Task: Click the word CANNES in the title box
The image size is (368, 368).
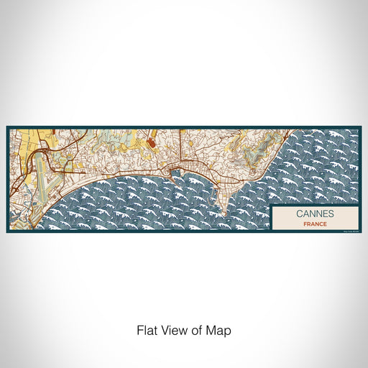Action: [314, 213]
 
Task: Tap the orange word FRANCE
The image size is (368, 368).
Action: [314, 223]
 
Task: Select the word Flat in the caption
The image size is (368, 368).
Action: [147, 331]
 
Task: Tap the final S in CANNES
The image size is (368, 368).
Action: [330, 213]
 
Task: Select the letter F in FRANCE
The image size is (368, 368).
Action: [305, 223]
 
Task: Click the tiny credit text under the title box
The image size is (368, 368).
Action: [348, 230]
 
